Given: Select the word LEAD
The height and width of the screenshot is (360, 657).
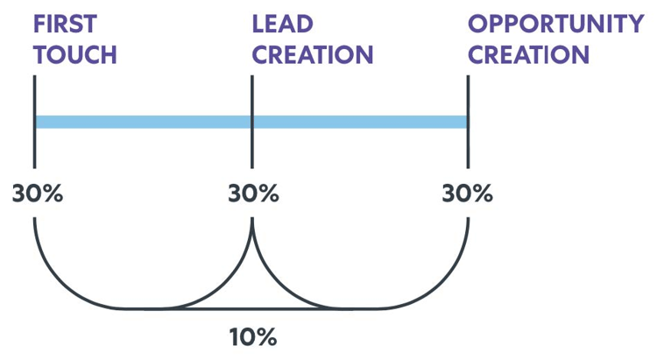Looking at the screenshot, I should pos(282,23).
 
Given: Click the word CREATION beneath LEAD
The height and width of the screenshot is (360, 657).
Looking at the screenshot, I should pos(312,53).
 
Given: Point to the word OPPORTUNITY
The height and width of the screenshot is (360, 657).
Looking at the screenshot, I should pos(555,23).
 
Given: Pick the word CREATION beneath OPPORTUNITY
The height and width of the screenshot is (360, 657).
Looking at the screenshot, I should pos(528,53).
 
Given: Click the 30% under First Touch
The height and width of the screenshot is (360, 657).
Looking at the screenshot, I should pos(38,193).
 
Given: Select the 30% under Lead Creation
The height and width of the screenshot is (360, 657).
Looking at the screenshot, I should pos(253,193).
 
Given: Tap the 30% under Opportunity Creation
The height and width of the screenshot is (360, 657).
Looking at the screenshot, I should pos(468,193).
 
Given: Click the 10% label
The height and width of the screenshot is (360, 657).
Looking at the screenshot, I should pos(253,335).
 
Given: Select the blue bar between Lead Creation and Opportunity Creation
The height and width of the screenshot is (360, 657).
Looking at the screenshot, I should pos(360,122).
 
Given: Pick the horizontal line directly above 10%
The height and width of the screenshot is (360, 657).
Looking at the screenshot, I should pos(253,308).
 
